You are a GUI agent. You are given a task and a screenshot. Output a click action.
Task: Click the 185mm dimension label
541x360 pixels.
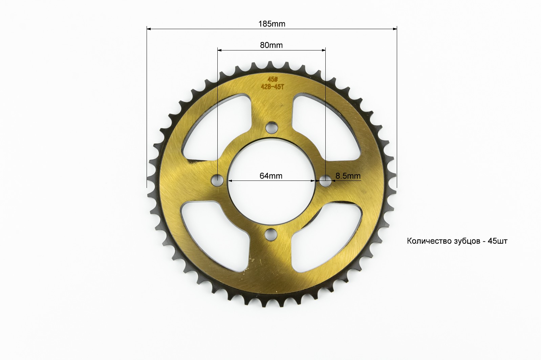click(x=272, y=24)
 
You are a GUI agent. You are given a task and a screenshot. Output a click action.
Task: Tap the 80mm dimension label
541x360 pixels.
click(x=271, y=45)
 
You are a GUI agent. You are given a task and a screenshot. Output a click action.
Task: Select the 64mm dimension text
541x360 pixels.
click(x=271, y=176)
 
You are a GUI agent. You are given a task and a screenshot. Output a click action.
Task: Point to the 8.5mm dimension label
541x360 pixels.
click(x=348, y=176)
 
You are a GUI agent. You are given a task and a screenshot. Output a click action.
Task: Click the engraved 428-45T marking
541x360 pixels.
click(x=273, y=87)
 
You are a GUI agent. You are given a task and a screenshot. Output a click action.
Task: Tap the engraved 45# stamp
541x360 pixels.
click(x=273, y=79)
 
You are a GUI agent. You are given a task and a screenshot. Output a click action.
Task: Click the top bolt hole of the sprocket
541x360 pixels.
click(x=272, y=128)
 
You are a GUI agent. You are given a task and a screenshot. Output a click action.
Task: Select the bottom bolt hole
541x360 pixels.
click(x=271, y=234)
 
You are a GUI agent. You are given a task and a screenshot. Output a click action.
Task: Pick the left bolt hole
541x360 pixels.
click(x=217, y=180)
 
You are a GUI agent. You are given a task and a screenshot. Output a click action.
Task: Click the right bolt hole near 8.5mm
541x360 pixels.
click(x=326, y=181)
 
